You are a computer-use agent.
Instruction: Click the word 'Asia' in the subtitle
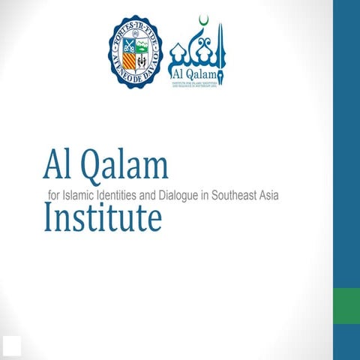[x=278, y=194]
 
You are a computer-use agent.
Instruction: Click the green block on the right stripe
[x=346, y=307]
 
